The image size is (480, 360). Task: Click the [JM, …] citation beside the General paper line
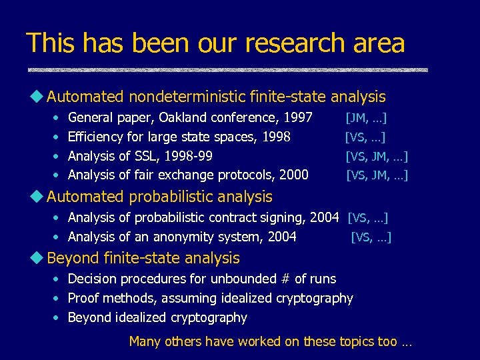point(367,118)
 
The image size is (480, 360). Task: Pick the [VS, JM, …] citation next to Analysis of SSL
point(377,156)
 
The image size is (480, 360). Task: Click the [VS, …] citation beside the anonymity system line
point(371,236)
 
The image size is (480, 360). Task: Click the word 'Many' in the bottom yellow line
point(145,341)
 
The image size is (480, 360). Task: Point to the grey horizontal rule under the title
point(227,69)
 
